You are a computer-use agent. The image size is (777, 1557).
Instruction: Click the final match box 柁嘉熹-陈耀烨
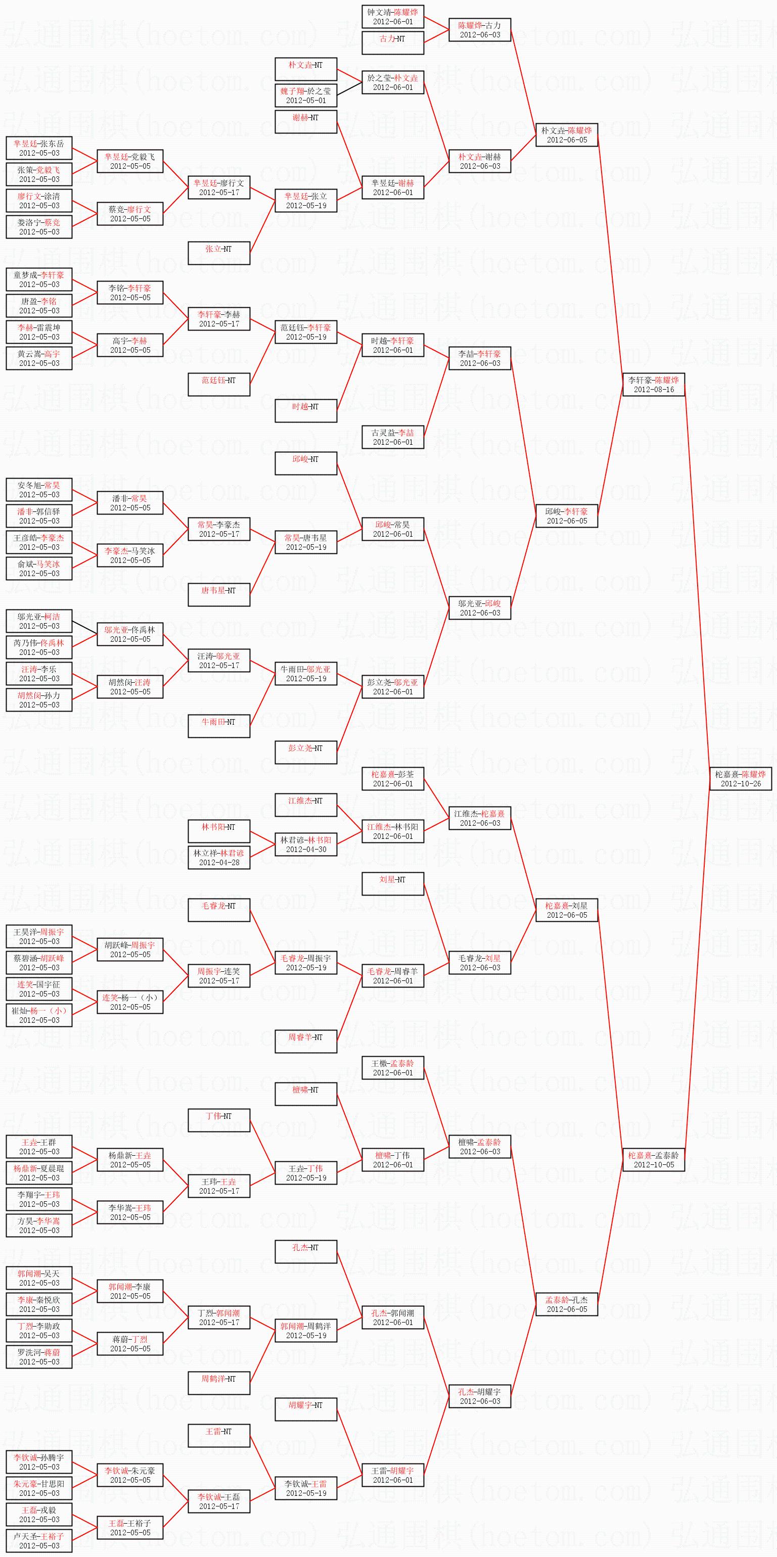click(741, 778)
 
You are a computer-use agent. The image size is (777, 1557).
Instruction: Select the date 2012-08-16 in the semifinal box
click(654, 390)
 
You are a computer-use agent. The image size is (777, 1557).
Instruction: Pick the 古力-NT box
click(392, 43)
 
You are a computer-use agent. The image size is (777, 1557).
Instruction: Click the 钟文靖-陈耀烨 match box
click(392, 16)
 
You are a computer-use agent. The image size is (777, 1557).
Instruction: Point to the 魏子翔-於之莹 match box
click(305, 96)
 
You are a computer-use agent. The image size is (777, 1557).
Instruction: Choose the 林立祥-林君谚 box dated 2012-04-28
click(219, 858)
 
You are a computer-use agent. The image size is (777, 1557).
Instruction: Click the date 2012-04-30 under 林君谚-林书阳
click(305, 849)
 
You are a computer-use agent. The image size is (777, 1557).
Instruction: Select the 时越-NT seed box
click(305, 411)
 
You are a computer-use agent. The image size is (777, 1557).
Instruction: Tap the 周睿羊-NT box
click(305, 1042)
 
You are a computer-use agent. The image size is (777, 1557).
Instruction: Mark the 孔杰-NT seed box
click(305, 1252)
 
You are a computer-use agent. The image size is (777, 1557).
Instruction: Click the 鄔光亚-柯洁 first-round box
click(39, 621)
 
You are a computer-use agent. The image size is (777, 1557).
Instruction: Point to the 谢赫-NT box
click(305, 121)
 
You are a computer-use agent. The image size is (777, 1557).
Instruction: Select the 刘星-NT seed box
click(392, 884)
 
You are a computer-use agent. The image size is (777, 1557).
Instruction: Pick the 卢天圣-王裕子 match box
click(39, 1541)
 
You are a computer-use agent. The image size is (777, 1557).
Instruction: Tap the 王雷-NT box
click(219, 1436)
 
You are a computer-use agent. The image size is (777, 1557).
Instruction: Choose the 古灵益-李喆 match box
click(392, 437)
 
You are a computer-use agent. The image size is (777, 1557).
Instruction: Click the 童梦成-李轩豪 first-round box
click(39, 279)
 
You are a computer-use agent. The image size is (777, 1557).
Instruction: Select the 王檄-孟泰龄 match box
click(392, 1067)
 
